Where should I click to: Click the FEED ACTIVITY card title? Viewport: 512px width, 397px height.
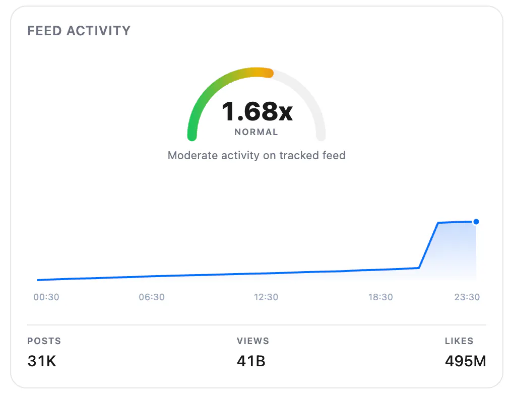[79, 31]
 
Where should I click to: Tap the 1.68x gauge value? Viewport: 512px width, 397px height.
[257, 111]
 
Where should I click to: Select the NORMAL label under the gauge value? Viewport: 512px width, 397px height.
[257, 132]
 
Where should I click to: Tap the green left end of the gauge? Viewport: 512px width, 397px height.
[192, 136]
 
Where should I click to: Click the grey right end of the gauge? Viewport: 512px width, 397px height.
[321, 136]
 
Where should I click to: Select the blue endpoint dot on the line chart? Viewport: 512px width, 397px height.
[476, 222]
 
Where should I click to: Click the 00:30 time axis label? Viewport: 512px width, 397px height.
[46, 297]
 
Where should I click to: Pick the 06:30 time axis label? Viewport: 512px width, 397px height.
[152, 297]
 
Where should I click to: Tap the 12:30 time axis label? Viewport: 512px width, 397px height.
[266, 297]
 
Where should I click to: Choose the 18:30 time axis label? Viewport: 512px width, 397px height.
[381, 297]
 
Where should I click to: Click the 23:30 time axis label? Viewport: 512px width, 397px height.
[467, 297]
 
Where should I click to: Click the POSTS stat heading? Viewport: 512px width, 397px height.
[44, 341]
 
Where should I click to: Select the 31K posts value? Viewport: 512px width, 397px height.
[42, 361]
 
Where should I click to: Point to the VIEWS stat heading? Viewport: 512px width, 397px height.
[253, 341]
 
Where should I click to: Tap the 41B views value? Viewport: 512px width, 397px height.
[251, 361]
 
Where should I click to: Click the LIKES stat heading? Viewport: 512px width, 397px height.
[459, 341]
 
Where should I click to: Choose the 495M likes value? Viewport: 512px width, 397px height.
[466, 361]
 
